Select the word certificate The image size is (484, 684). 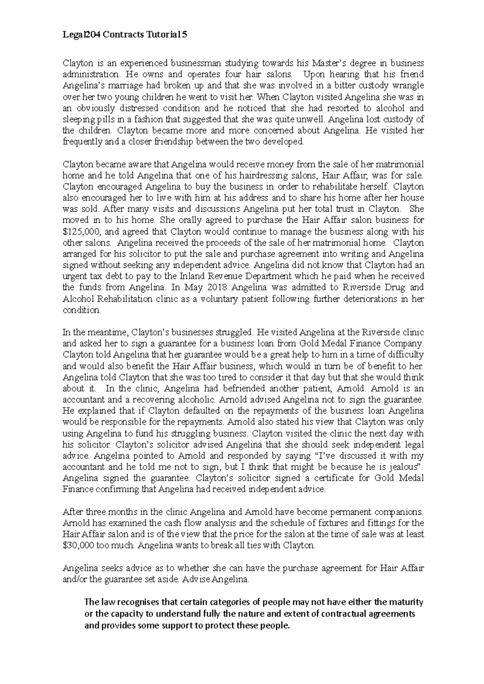click(x=341, y=479)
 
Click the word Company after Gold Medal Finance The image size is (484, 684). click(x=405, y=344)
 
